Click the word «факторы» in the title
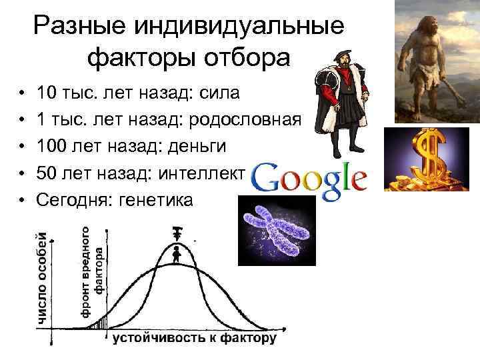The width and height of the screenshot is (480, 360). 137,58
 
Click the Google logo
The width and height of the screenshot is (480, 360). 311,179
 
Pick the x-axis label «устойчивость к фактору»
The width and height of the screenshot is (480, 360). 193,339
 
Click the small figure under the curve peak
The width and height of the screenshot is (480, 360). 177,254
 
